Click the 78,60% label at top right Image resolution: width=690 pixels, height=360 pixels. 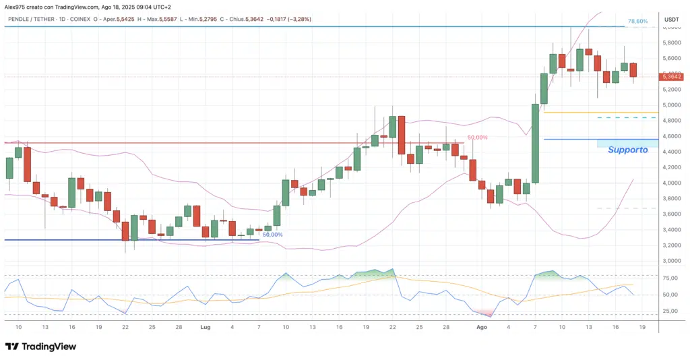tap(637, 22)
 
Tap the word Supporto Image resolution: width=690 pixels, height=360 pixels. tap(627, 150)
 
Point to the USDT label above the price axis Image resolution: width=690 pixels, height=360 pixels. tap(672, 20)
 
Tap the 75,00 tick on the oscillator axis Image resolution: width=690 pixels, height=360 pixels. tap(670, 278)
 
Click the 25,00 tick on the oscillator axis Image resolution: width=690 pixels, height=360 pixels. tap(670, 311)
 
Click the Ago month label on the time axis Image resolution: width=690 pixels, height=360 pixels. tap(482, 326)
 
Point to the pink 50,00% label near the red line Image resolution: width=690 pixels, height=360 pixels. tap(476, 138)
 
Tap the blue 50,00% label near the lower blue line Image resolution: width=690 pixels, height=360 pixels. tap(272, 235)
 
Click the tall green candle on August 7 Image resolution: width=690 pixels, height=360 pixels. tap(536, 144)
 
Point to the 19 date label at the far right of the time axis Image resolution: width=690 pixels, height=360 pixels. tap(642, 326)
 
